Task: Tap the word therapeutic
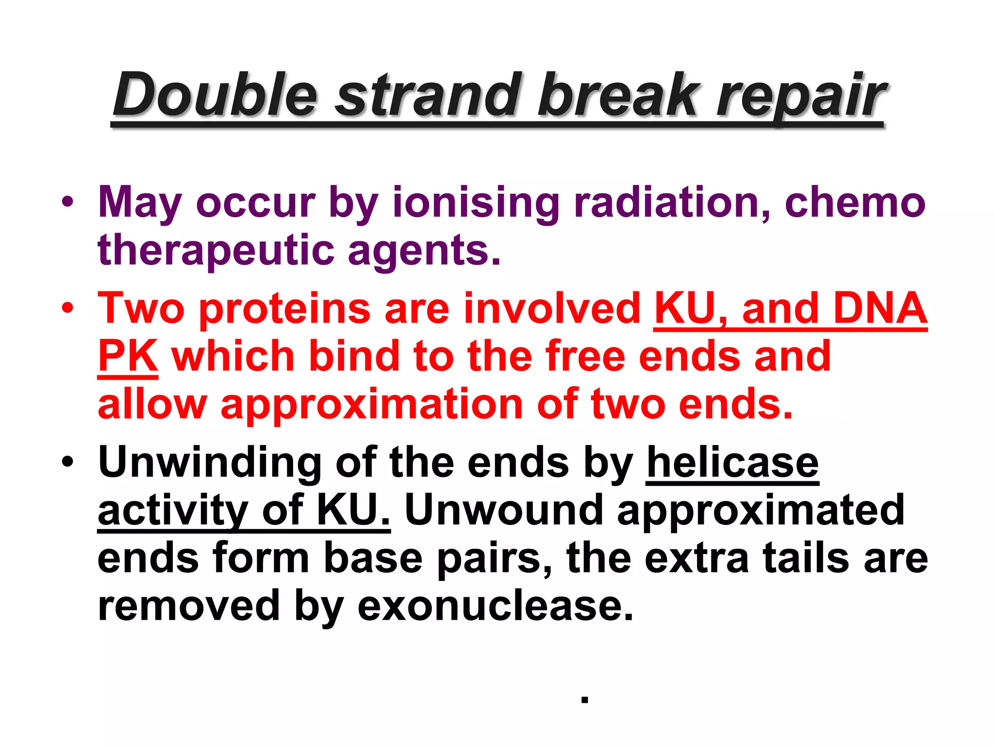216,251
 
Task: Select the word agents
424,251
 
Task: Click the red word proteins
285,308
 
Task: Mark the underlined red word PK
128,356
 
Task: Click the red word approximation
371,404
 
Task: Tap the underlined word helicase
733,462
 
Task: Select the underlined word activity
173,510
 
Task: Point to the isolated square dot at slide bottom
585,699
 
